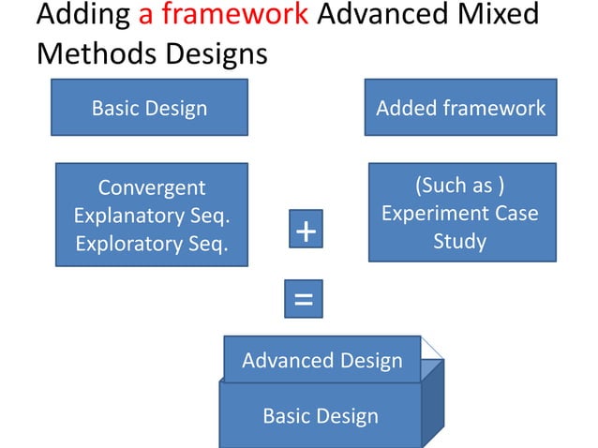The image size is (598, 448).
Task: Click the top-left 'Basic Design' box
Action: (150, 108)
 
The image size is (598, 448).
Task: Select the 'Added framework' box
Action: (460, 108)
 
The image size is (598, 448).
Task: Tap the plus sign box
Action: (303, 231)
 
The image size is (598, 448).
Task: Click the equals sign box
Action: (303, 300)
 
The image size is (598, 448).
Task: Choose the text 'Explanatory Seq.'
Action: (151, 216)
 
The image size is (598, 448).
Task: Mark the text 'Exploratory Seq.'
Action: (151, 244)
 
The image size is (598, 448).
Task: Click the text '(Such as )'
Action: (459, 184)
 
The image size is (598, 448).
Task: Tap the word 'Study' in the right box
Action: (459, 241)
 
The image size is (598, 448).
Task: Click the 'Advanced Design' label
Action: (321, 360)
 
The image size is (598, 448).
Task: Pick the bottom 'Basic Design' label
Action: (320, 415)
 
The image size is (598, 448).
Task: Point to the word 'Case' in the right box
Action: (516, 213)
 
